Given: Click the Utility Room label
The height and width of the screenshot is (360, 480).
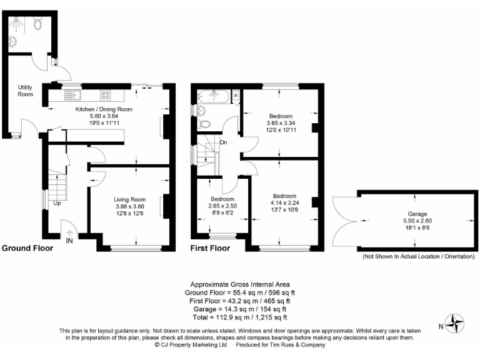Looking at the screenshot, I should tap(25, 91).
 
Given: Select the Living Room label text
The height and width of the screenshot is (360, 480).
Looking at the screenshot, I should tap(129, 199).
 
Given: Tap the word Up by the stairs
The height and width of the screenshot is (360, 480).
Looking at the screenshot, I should tap(57, 204).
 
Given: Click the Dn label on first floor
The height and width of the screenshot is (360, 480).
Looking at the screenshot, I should tap(223, 142).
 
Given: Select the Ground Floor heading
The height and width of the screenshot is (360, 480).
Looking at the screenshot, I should tap(27, 248).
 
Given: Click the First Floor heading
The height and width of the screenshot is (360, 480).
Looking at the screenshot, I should tap(210, 248).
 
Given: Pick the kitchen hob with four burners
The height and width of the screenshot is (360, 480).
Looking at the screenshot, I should tap(106, 96).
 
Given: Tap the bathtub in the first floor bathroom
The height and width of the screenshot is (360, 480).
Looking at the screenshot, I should tap(214, 96).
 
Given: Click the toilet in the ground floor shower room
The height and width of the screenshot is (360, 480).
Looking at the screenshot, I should tap(37, 24).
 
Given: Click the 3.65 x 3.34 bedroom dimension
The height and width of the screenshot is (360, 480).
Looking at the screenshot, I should tap(281, 123).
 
